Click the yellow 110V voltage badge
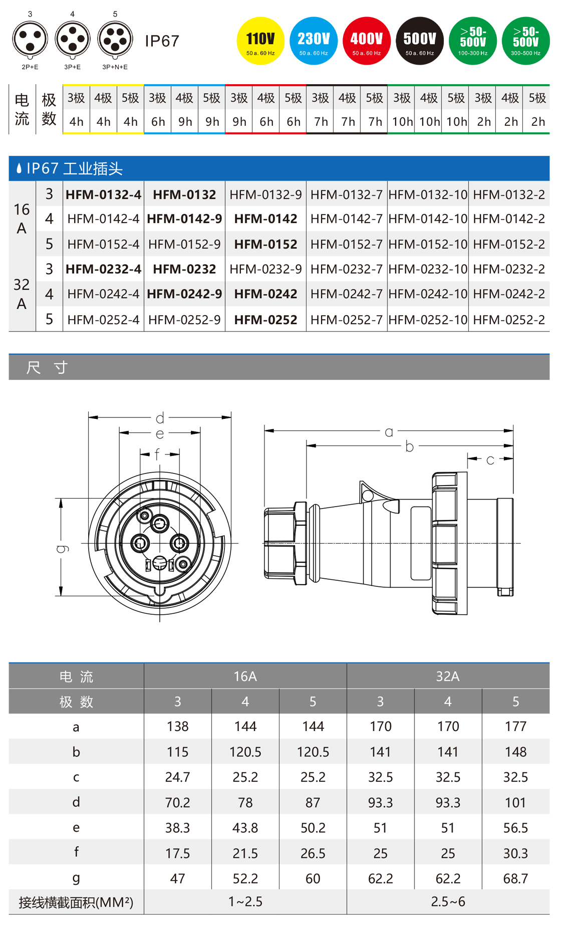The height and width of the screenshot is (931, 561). pos(260,41)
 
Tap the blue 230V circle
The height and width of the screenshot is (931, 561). pos(314,41)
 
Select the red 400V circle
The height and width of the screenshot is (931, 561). pos(367,41)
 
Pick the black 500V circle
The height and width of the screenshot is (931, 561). pos(420,41)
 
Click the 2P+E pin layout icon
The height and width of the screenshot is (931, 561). pos(30,39)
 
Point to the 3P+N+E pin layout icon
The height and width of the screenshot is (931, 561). pos(115,39)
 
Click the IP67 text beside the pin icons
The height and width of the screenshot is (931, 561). pos(162,41)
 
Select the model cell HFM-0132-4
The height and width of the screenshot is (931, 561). pos(104,194)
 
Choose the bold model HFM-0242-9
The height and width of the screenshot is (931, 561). pos(184,294)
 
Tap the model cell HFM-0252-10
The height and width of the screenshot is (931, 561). pos(428,320)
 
